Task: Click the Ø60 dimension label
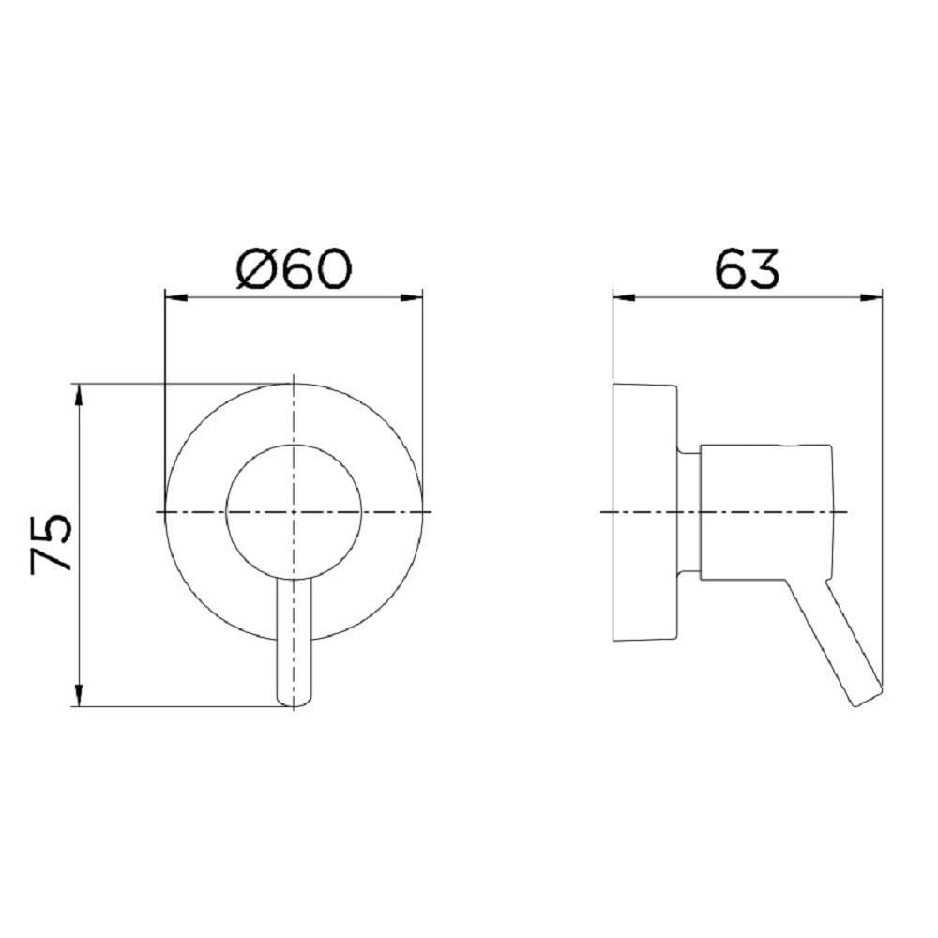(x=294, y=269)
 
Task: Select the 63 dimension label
(x=748, y=269)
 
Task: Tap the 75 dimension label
(x=52, y=544)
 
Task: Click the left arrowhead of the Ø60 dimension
(x=176, y=297)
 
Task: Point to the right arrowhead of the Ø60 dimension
(x=412, y=297)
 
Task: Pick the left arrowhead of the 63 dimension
(x=624, y=297)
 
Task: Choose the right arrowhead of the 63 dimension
(x=871, y=297)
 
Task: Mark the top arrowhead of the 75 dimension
(x=78, y=395)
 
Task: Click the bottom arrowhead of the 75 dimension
(x=78, y=695)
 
